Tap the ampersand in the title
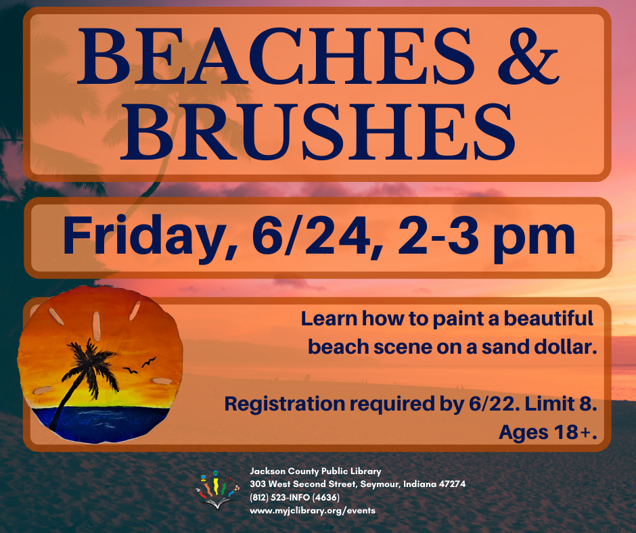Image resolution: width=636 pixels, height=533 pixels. (x=528, y=56)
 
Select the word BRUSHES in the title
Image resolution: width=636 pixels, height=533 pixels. (x=318, y=132)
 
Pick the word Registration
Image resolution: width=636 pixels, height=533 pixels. (x=285, y=404)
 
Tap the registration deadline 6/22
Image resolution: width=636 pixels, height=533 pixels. (x=494, y=404)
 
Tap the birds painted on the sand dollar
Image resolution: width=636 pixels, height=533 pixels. (x=140, y=365)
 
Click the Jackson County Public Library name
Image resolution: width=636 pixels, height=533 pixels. (x=315, y=471)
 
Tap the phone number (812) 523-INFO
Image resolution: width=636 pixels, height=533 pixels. (x=294, y=497)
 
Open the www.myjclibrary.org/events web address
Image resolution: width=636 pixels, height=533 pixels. (x=313, y=511)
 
